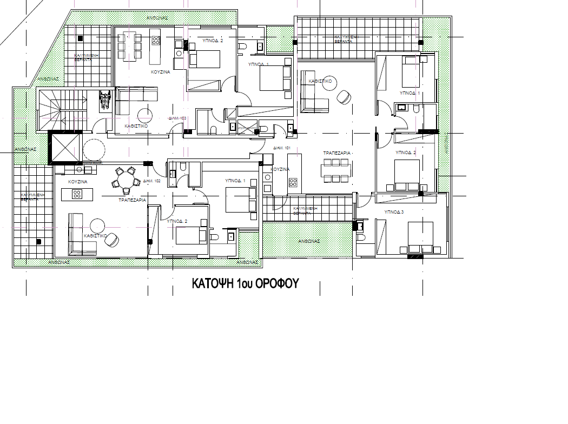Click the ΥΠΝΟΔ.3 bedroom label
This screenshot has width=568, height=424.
coord(394,212)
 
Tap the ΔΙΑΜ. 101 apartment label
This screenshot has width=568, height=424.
coord(282,148)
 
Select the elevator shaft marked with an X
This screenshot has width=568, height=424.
coord(64,148)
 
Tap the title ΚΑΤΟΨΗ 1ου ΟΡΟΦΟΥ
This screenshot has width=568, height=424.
coord(246,284)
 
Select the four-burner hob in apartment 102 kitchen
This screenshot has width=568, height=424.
coord(77,194)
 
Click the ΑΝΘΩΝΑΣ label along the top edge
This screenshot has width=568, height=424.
coord(157,17)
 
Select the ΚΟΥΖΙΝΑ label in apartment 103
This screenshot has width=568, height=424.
coord(161,71)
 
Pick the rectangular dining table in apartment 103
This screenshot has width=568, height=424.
coord(130,47)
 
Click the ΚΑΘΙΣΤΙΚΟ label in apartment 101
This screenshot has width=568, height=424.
coord(320,81)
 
